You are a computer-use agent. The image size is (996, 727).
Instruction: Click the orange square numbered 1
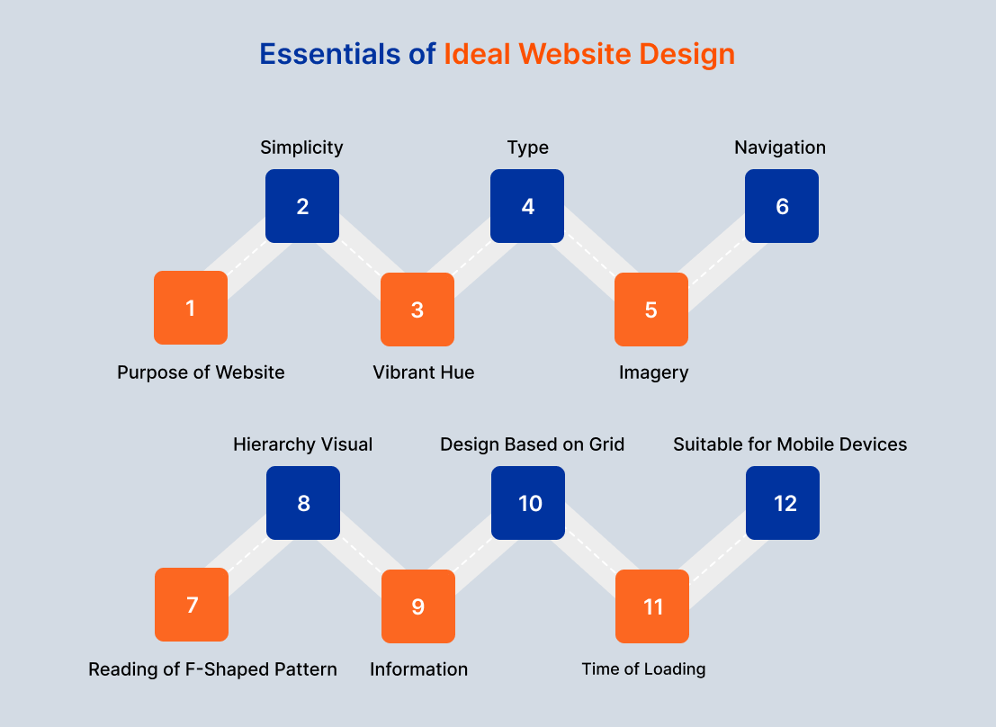point(191,308)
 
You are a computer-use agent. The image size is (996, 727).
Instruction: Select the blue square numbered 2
point(302,206)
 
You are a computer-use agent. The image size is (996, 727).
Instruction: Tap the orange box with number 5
point(651,310)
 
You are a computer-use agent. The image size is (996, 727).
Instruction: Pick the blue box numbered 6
point(782,206)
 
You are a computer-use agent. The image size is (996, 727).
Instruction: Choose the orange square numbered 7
point(192,605)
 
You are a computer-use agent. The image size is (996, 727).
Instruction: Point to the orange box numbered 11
point(652,606)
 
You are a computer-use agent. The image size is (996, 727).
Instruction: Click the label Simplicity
point(302,148)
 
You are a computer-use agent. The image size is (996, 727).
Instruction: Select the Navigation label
point(780,148)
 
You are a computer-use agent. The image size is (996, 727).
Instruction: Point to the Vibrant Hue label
point(424,372)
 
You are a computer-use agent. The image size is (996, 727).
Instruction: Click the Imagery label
point(654,372)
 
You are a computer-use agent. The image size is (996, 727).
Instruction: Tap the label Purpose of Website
point(201,372)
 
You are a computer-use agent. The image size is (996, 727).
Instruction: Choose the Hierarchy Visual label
point(303,444)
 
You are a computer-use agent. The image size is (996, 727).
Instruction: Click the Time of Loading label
point(643,669)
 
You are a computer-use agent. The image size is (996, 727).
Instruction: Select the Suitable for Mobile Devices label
point(790,444)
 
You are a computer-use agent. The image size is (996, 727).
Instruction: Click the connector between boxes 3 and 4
point(472,257)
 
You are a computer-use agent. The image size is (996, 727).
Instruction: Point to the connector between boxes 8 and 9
point(361,555)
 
